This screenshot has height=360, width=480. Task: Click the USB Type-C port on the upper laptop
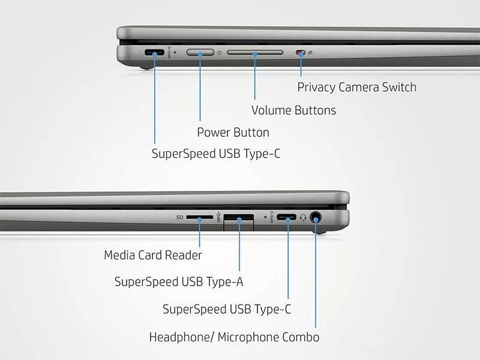(x=154, y=52)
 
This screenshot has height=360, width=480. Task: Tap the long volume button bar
(x=255, y=52)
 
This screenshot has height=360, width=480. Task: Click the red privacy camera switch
(x=301, y=53)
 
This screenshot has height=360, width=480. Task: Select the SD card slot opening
(x=199, y=217)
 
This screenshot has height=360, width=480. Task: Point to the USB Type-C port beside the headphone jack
(x=287, y=217)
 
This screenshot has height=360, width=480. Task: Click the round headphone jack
(x=316, y=218)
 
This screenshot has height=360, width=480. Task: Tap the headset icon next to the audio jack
(x=303, y=217)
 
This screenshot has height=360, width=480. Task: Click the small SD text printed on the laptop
(x=179, y=217)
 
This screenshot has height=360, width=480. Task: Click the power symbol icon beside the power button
(x=220, y=53)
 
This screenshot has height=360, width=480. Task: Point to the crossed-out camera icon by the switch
(x=310, y=53)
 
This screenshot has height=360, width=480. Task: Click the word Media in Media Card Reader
(x=119, y=255)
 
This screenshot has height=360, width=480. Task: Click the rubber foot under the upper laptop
(x=146, y=67)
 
